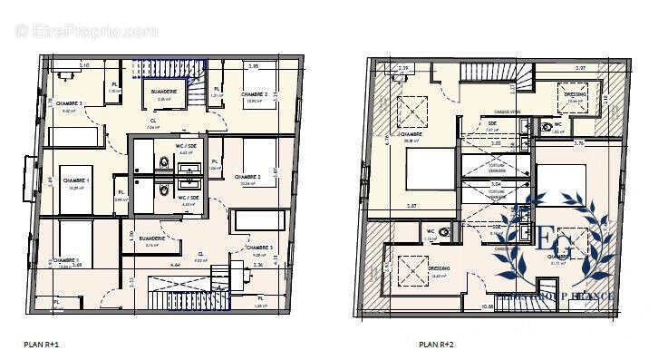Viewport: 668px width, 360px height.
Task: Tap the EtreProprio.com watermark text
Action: coord(86,31)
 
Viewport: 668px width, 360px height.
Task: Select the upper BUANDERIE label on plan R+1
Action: coord(164,91)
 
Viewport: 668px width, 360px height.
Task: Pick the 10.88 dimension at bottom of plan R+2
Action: coord(487,306)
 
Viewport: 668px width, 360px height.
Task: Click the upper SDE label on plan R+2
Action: coord(492,123)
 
